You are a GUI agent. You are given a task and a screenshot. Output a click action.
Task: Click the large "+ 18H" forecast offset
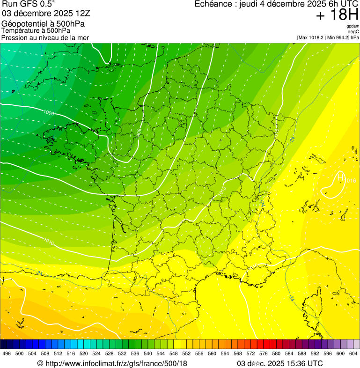[337, 15]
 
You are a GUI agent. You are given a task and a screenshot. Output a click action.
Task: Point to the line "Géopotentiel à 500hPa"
[44, 24]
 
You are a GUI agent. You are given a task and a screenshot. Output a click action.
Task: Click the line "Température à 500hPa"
[36, 31]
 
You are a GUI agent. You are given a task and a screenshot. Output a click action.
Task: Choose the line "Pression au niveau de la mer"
[45, 37]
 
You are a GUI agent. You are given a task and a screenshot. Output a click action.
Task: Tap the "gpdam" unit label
[353, 26]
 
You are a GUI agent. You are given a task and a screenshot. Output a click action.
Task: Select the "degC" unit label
[353, 32]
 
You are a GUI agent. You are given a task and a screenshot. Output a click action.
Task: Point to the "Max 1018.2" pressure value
[312, 37]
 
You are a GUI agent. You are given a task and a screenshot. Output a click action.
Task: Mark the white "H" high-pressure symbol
[340, 177]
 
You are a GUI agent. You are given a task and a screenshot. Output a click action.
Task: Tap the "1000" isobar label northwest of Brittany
[48, 112]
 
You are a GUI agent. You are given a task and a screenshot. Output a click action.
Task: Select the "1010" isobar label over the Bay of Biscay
[48, 241]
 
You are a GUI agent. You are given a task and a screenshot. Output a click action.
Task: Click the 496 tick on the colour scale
[7, 353]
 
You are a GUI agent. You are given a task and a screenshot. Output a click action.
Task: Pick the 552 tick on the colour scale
[186, 353]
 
